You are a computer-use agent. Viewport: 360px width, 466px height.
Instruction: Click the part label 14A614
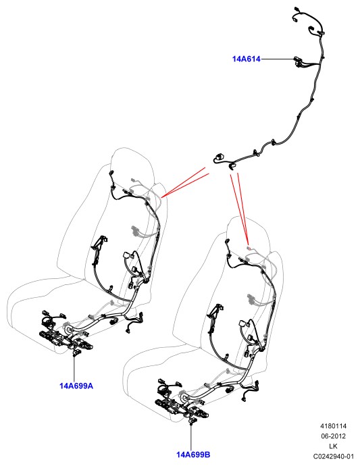click(246, 59)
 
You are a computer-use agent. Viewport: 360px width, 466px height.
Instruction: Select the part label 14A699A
click(76, 386)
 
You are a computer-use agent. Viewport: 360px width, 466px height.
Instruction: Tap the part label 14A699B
click(193, 455)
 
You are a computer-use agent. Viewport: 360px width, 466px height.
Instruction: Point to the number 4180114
click(333, 426)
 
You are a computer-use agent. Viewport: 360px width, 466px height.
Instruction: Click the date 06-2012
click(333, 436)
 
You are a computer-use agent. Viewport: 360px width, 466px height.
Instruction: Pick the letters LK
click(333, 446)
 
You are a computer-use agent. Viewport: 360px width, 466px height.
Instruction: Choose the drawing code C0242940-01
click(333, 456)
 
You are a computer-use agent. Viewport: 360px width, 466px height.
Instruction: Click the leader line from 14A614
click(277, 59)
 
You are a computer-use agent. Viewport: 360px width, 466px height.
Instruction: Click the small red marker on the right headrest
click(250, 248)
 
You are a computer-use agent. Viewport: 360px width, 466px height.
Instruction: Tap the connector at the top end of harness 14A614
click(295, 9)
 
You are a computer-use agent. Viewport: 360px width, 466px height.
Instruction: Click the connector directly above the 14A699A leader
click(77, 353)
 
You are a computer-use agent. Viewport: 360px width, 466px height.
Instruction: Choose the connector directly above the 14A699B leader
click(193, 420)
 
